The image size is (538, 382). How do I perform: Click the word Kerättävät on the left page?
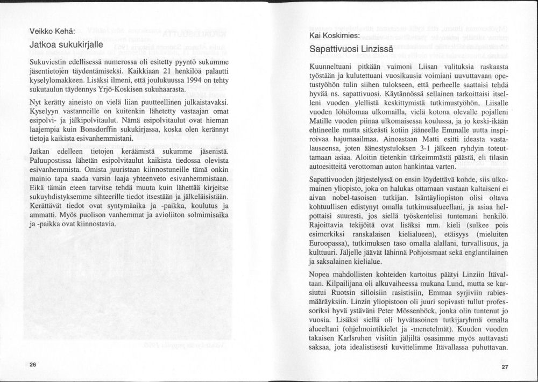click(48, 205)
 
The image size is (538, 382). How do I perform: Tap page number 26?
click(33, 364)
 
